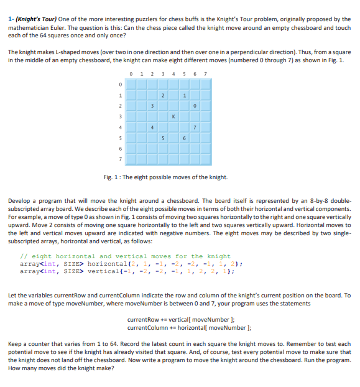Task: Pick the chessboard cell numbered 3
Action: [151, 105]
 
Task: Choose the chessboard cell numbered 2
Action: [162, 95]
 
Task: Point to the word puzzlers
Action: [155, 19]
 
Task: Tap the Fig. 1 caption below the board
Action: [165, 177]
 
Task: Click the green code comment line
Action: [125, 256]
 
